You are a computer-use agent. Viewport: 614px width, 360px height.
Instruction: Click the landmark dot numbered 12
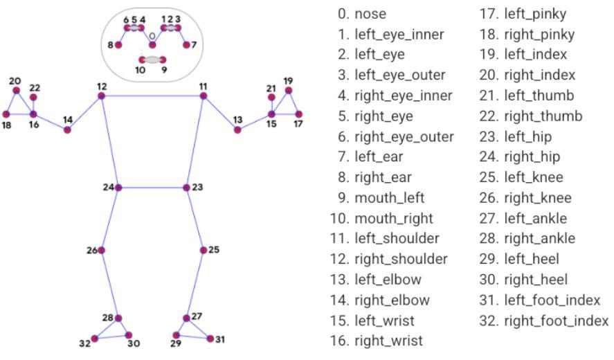(101, 96)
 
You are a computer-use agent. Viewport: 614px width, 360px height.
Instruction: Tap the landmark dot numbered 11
(203, 96)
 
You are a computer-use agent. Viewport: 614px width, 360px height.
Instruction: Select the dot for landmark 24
(118, 188)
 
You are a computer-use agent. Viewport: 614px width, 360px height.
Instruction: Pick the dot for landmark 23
(186, 188)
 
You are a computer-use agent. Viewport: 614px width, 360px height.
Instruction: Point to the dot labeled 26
(102, 250)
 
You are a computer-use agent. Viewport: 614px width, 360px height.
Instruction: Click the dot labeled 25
(203, 250)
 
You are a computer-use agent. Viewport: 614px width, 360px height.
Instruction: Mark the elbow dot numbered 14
(67, 129)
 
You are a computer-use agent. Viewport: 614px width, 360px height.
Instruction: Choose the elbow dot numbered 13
(237, 129)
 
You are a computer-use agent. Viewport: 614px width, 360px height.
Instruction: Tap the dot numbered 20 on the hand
(17, 90)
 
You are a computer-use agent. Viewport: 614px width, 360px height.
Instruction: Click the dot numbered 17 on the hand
(298, 114)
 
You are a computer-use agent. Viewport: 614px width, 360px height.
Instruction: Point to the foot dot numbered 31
(210, 339)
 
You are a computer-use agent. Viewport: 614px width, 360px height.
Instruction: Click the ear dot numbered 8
(118, 45)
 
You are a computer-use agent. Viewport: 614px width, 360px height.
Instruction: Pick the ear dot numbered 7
(186, 45)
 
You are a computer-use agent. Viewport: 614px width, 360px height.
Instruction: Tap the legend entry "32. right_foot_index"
(543, 321)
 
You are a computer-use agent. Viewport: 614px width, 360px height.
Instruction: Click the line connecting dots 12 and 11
(152, 96)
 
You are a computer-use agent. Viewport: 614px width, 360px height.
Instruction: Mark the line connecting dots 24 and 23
(152, 188)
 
